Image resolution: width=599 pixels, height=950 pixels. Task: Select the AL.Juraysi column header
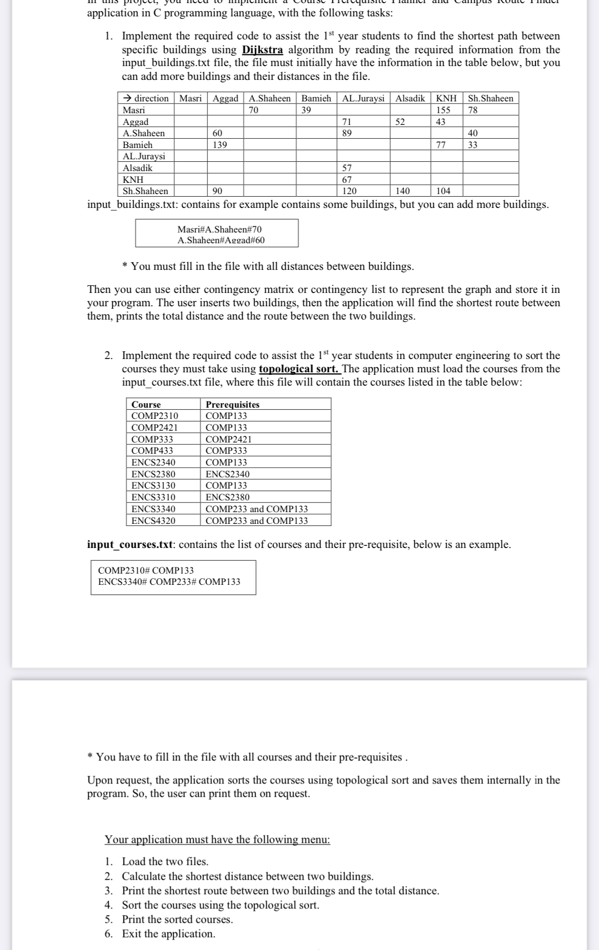tap(363, 98)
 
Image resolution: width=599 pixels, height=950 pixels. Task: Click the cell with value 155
tap(443, 110)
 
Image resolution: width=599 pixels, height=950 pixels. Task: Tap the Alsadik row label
tap(138, 168)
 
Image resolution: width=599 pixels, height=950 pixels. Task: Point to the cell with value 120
tap(349, 191)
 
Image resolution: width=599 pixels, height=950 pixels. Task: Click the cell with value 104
tap(443, 191)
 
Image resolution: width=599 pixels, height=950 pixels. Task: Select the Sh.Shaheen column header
tap(490, 98)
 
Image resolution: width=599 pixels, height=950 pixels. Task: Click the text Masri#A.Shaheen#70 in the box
tap(219, 229)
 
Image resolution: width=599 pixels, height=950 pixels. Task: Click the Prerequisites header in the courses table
tap(232, 405)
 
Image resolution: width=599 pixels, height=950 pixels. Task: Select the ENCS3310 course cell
tap(153, 497)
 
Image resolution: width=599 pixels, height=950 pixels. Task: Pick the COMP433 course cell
tap(152, 451)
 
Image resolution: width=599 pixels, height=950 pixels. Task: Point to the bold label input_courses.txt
tap(130, 544)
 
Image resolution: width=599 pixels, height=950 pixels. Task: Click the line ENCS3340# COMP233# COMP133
tap(169, 582)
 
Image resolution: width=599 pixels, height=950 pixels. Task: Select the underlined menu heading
tap(217, 839)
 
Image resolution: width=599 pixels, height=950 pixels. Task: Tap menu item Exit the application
tap(168, 934)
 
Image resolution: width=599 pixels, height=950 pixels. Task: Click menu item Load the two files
tap(165, 861)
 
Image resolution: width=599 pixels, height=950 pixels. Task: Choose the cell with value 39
tap(306, 110)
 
